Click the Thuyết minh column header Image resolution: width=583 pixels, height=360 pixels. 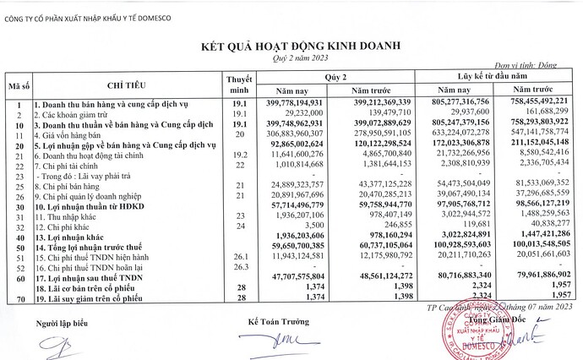(240, 84)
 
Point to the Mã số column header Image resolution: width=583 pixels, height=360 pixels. (19, 86)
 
